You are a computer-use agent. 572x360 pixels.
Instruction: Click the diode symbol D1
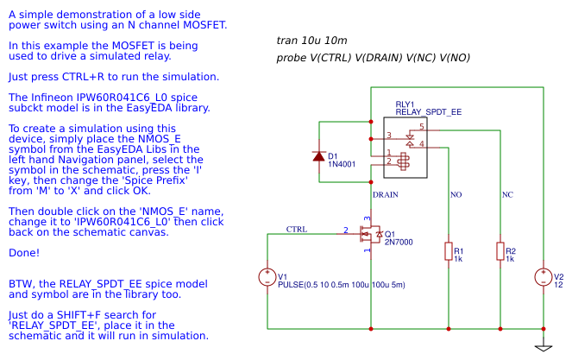[x=320, y=156]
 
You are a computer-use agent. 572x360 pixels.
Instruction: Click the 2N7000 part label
[x=398, y=243]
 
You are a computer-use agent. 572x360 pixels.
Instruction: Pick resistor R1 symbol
[x=448, y=251]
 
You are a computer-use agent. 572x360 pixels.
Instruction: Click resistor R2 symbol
[x=500, y=251]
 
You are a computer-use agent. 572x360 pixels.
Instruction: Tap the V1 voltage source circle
[x=267, y=277]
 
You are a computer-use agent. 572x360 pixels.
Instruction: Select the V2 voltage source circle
[x=544, y=277]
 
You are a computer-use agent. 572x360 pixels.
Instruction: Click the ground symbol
[x=544, y=348]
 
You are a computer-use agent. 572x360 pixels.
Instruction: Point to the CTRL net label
[x=298, y=229]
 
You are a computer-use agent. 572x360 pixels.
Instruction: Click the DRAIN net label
[x=385, y=194]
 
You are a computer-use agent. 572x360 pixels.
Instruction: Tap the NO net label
[x=456, y=194]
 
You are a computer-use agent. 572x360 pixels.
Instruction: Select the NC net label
[x=508, y=194]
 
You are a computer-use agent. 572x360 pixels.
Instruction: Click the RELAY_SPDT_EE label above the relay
[x=428, y=112]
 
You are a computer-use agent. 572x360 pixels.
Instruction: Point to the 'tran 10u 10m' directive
[x=312, y=41]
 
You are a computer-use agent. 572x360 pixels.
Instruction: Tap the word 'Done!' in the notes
[x=23, y=253]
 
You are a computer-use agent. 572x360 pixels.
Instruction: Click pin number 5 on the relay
[x=422, y=127]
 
